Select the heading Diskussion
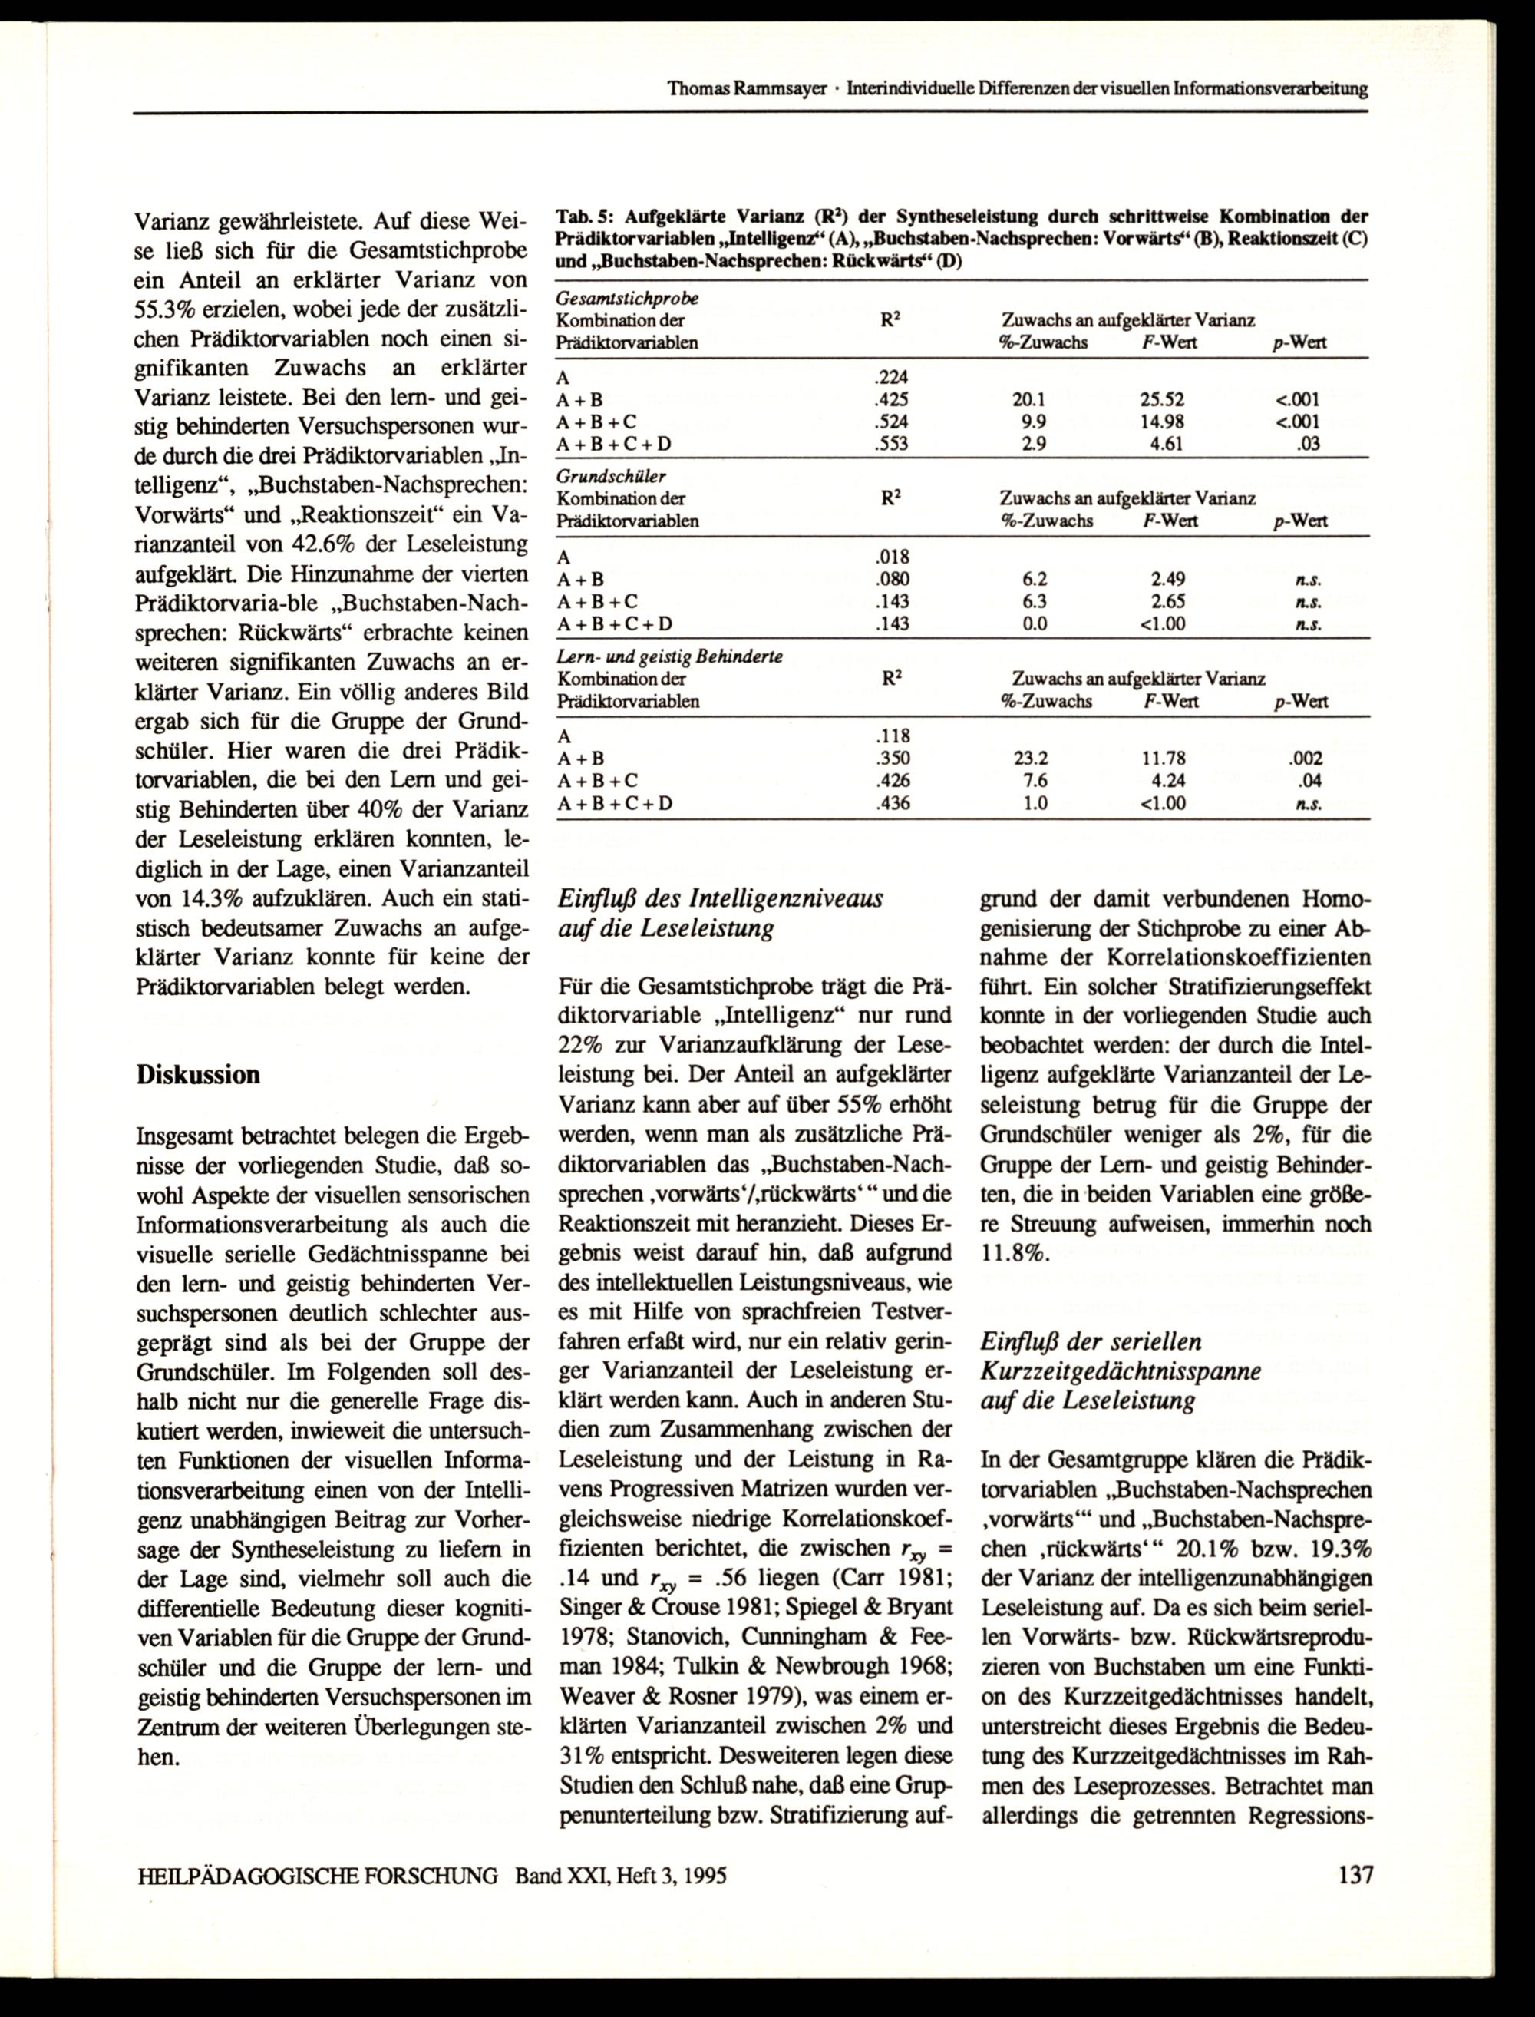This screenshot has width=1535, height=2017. coord(198,1075)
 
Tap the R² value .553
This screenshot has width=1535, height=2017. coord(892,444)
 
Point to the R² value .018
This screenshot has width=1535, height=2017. coord(892,557)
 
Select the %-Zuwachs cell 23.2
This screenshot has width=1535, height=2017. coord(1031,759)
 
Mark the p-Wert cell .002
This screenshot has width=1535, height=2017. coord(1305,759)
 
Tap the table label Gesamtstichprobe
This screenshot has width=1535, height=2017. coord(628,298)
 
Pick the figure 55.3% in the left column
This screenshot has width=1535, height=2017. coord(172,309)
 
